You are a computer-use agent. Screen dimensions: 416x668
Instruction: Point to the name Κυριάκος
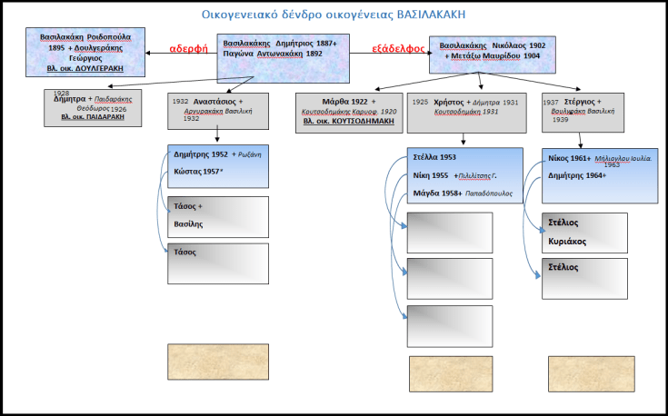pos(567,242)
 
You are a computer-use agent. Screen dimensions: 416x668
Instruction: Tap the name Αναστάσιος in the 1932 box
pos(217,101)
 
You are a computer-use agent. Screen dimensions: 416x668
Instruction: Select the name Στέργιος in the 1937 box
pos(579,101)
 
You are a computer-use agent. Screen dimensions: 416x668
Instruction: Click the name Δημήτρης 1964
pos(578,175)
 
